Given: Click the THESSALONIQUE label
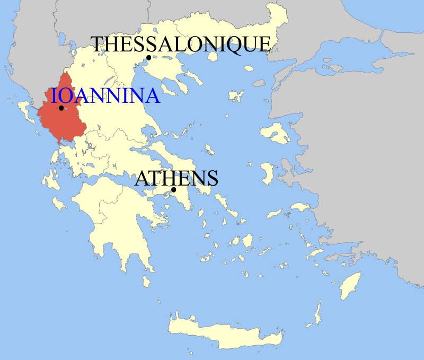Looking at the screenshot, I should click(181, 44).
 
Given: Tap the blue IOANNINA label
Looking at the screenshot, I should click(105, 96).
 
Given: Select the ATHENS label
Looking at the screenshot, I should click(176, 178).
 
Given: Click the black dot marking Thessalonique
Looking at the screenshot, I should click(149, 58).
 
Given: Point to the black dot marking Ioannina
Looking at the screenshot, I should click(61, 108).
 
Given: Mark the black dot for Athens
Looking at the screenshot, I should click(173, 190).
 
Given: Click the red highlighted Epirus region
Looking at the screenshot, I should click(58, 125).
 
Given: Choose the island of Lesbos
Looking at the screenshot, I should click(277, 133).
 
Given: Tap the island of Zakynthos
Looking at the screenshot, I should click(59, 204).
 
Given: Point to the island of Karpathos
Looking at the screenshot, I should click(318, 313).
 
